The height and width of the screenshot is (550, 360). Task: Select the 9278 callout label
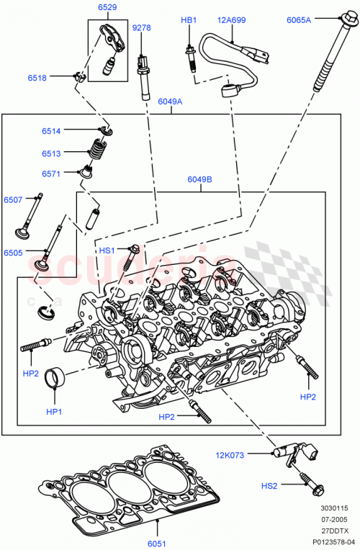pyautogui.click(x=142, y=28)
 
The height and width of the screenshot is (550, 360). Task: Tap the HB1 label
pyautogui.click(x=188, y=21)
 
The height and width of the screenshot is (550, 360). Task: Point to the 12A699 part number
pyautogui.click(x=232, y=21)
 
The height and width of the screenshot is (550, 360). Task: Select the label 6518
pyautogui.click(x=38, y=77)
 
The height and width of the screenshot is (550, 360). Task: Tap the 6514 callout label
pyautogui.click(x=51, y=130)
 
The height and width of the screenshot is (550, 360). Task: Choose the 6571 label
pyautogui.click(x=51, y=173)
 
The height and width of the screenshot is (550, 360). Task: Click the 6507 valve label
pyautogui.click(x=13, y=199)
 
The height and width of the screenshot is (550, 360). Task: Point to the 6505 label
pyautogui.click(x=13, y=253)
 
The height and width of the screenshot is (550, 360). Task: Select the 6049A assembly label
pyautogui.click(x=170, y=102)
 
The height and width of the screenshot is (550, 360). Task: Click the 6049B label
pyautogui.click(x=199, y=179)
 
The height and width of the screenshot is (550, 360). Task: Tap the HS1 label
pyautogui.click(x=107, y=250)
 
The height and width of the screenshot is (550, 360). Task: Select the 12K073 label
pyautogui.click(x=229, y=454)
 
